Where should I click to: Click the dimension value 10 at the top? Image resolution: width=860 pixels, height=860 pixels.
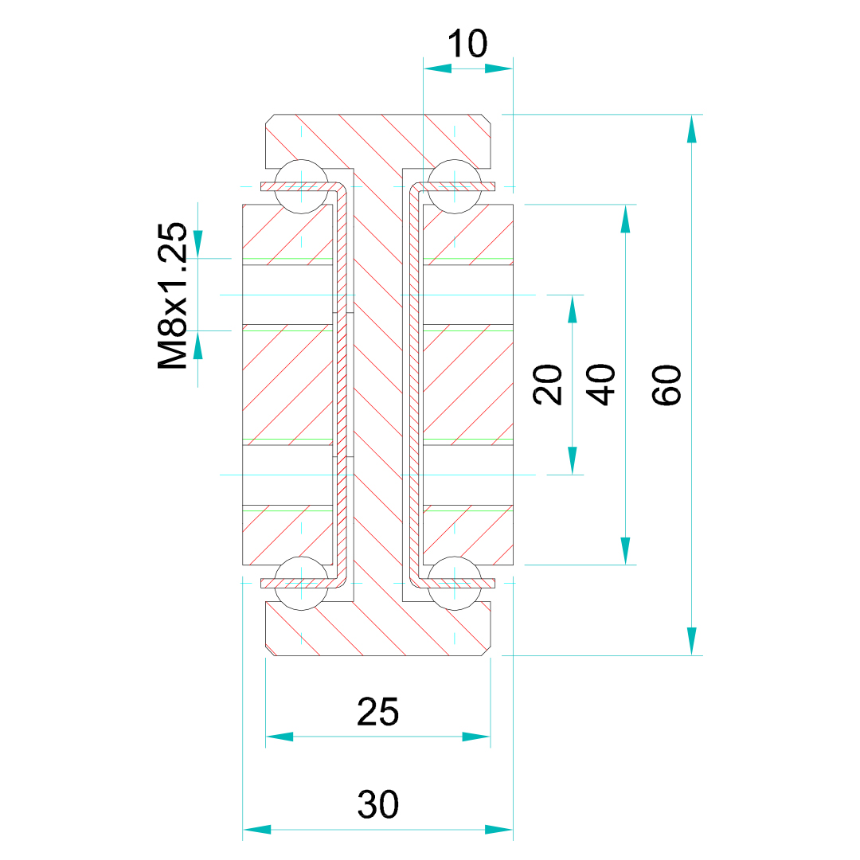click(x=467, y=44)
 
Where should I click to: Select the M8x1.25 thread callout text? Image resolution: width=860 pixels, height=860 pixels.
click(x=173, y=296)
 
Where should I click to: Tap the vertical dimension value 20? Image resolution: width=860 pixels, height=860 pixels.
click(x=548, y=385)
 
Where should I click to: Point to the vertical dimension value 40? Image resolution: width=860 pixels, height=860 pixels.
click(x=601, y=385)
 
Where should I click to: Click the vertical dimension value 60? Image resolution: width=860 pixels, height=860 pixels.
click(x=667, y=385)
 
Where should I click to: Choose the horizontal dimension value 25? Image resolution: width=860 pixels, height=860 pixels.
click(x=377, y=712)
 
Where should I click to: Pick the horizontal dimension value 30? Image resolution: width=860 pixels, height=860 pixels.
click(x=377, y=805)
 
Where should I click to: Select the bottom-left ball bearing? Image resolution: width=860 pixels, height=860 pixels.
click(x=300, y=582)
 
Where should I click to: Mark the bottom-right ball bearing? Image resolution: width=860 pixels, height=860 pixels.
click(x=454, y=582)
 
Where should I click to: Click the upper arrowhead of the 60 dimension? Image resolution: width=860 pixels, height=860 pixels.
click(x=691, y=128)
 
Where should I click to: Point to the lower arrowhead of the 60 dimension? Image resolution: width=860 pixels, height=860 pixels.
click(x=691, y=642)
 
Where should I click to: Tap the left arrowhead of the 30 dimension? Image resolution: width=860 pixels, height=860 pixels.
click(x=256, y=830)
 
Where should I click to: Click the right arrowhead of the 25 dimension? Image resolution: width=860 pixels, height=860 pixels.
click(x=476, y=737)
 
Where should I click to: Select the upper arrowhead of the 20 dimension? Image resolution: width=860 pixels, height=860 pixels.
click(x=572, y=309)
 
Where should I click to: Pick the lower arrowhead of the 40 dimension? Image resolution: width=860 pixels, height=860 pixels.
click(x=625, y=550)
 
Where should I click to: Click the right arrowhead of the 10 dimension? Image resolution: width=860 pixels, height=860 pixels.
click(x=499, y=68)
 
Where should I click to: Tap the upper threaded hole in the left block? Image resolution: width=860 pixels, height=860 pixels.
click(x=287, y=295)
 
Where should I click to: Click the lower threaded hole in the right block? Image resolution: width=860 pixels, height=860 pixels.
click(x=467, y=475)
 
